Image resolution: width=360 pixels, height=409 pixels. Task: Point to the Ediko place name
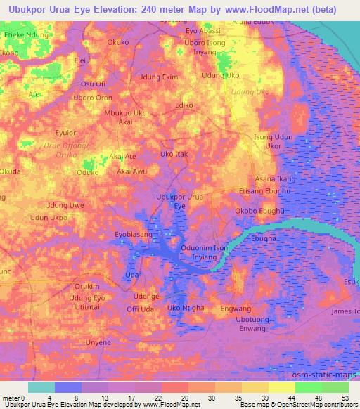click(x=184, y=105)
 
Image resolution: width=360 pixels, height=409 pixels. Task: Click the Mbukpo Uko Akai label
click(x=125, y=117)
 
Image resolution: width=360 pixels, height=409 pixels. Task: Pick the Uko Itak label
click(x=174, y=153)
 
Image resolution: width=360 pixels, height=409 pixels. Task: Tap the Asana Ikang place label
click(x=275, y=179)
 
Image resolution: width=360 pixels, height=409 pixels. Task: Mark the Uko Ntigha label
click(x=186, y=308)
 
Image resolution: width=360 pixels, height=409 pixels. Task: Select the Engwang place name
click(x=236, y=309)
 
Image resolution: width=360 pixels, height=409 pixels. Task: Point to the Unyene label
click(x=98, y=342)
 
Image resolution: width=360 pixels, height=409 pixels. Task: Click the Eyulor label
click(x=65, y=132)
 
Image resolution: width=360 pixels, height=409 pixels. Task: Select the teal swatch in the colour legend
click(x=41, y=387)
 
